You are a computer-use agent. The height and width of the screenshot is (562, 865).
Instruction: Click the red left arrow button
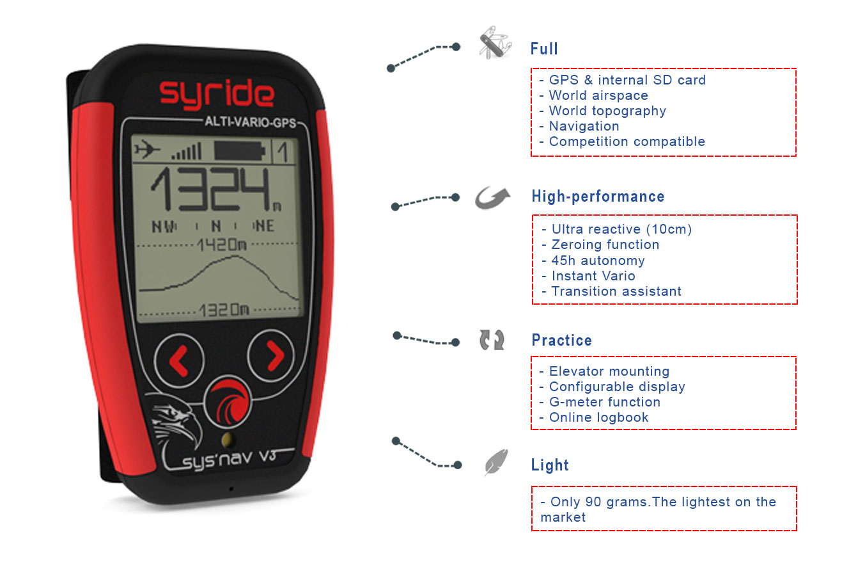[x=179, y=361]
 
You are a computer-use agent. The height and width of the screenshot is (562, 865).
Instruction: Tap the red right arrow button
[x=272, y=356]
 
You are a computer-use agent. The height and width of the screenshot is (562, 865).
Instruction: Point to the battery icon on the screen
[x=240, y=151]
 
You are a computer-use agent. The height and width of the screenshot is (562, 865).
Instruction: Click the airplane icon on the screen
[x=147, y=149]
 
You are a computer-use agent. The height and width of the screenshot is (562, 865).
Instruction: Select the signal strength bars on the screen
[x=187, y=152]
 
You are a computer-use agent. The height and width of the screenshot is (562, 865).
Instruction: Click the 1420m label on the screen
[x=222, y=245]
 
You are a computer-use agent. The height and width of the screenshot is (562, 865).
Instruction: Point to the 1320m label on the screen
[x=224, y=310]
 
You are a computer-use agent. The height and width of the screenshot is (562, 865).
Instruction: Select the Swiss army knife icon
[x=495, y=43]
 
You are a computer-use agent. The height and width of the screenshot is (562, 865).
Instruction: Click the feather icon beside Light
[x=496, y=462]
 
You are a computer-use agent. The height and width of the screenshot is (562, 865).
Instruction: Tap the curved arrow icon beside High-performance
[x=492, y=198]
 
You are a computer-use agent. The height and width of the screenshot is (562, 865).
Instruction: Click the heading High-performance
[x=598, y=197]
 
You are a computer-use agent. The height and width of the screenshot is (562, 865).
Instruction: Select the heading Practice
[x=561, y=340]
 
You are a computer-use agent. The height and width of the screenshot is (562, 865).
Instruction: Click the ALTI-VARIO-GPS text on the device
[x=250, y=122]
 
